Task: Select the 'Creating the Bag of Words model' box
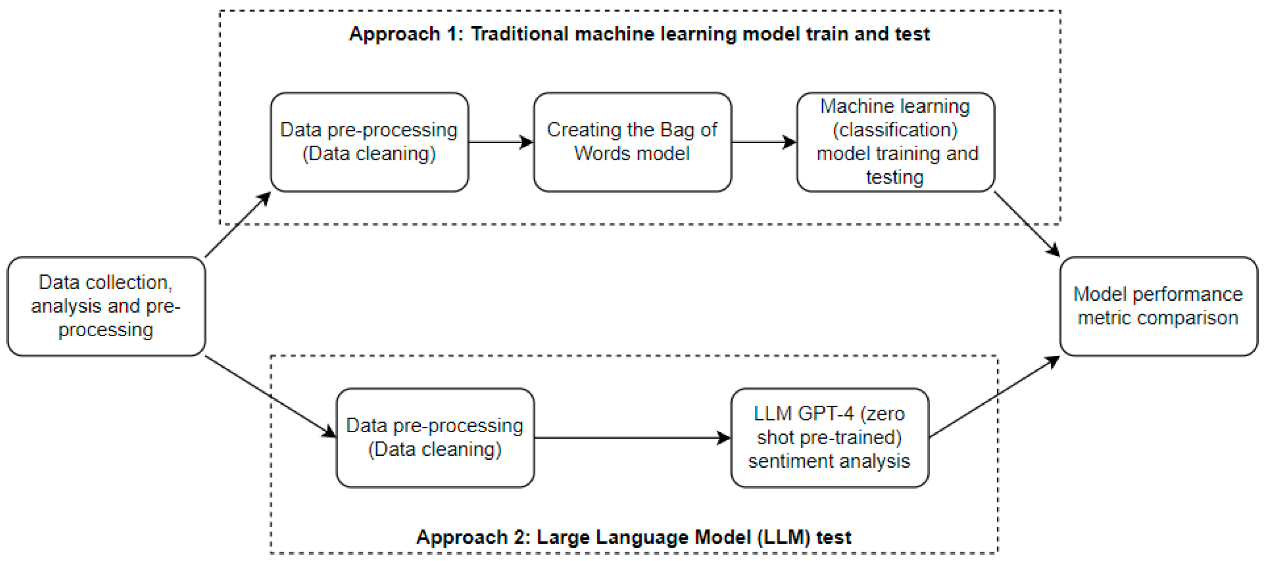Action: pos(632,142)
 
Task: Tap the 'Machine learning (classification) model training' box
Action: pos(895,142)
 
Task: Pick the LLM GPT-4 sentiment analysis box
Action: pos(830,438)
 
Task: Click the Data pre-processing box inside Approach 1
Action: pos(369,142)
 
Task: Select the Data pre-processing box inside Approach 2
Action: pos(435,438)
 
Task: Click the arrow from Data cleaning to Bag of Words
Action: pos(500,142)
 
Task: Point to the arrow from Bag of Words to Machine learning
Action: pos(764,142)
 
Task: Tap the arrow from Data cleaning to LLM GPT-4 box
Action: pos(632,438)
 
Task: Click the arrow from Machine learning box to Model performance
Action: pos(1026,223)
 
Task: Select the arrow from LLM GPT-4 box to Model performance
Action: pos(994,397)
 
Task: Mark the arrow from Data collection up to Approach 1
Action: pos(238,224)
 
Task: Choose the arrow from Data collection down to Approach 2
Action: pos(270,396)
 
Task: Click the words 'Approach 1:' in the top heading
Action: pos(406,34)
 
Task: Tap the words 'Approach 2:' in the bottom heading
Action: pos(473,537)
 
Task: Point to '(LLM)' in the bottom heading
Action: pos(783,537)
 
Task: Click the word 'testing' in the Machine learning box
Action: pos(895,177)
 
